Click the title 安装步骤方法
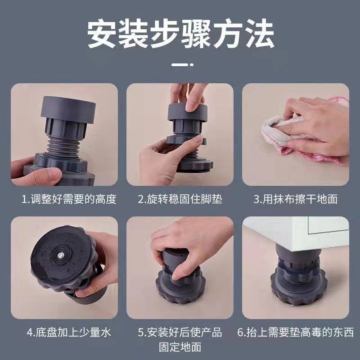coord(180,34)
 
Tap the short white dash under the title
coord(180,64)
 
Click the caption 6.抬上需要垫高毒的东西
coord(295,333)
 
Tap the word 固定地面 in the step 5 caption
coord(180,347)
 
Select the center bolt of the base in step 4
coord(60,255)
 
